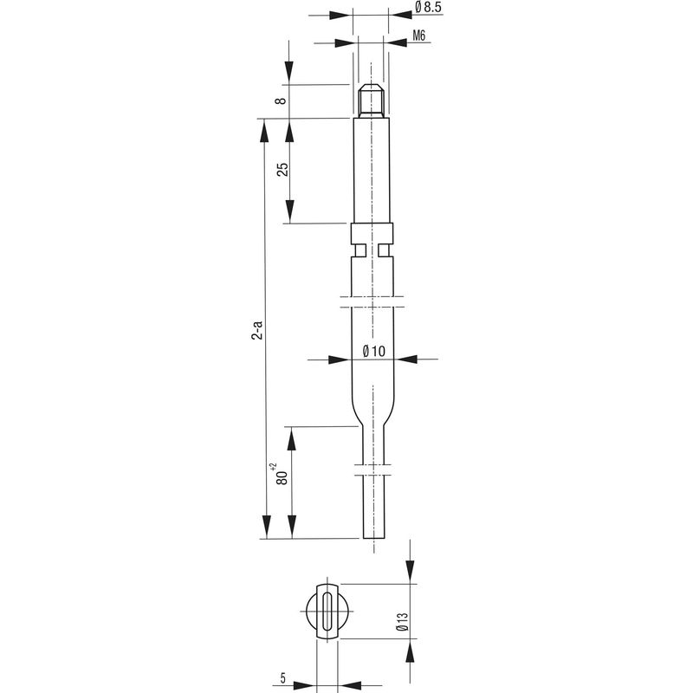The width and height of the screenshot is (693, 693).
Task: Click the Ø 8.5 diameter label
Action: tap(428, 7)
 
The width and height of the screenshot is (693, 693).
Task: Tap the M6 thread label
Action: tap(419, 36)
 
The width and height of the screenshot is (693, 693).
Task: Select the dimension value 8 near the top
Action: tap(281, 100)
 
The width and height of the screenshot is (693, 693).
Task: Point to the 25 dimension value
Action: tap(282, 170)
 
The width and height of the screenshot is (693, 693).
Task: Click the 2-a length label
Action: tap(256, 330)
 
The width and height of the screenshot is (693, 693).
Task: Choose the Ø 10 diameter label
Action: tap(374, 352)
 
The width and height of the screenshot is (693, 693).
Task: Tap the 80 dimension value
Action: tap(282, 478)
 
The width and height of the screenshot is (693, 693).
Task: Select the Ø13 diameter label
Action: tap(403, 621)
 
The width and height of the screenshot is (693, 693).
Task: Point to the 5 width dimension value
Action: tap(283, 677)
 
